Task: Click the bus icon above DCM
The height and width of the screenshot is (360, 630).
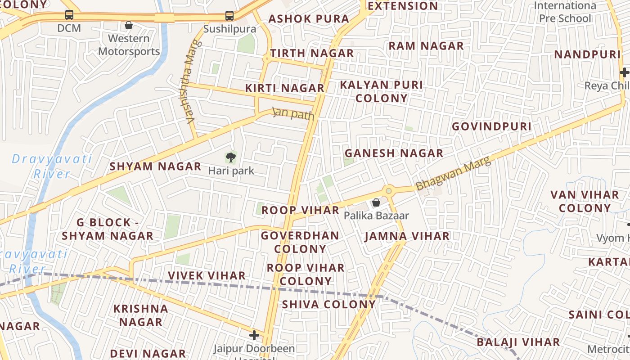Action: (x=69, y=15)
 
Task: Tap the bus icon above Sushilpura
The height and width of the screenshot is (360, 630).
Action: (x=229, y=16)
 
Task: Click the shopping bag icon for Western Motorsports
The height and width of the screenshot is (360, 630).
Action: (x=129, y=25)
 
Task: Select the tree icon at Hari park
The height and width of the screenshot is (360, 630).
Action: (x=231, y=157)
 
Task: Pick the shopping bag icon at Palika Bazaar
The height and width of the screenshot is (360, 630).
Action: (x=376, y=203)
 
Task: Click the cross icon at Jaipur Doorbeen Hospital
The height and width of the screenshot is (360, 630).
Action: (x=254, y=335)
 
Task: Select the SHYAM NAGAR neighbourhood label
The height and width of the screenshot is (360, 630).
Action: (x=156, y=166)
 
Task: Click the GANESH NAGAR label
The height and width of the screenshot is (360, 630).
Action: (x=394, y=153)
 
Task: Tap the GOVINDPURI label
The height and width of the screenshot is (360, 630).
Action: (x=491, y=126)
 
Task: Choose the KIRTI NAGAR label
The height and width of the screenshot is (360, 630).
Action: (x=285, y=88)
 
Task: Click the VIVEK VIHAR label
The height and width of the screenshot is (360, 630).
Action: (x=207, y=275)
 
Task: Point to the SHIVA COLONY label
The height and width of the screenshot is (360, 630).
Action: (x=328, y=304)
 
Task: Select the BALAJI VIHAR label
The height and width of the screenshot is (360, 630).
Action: (x=518, y=342)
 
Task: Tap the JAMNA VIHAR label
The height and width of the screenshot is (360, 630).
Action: (x=407, y=236)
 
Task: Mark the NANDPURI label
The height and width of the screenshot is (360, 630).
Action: (x=587, y=55)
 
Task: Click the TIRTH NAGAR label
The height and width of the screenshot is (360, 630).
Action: (x=312, y=53)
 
